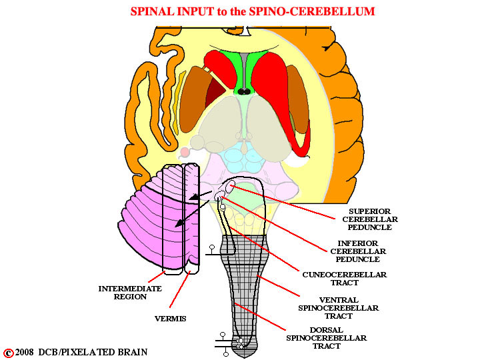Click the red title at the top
coord(253,11)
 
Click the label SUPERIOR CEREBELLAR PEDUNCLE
coord(370,219)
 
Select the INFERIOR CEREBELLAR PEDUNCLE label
coord(358,251)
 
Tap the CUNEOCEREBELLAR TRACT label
coord(345,279)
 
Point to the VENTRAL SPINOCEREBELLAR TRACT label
coord(338,307)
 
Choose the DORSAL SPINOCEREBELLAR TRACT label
coord(326,338)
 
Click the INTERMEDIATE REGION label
coord(130,293)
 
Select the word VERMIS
coord(170,319)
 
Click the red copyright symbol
coord(9,353)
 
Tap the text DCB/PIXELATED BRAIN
coord(93,352)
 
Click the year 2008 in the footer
coord(25,352)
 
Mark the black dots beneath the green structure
coord(244,91)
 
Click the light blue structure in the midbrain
coord(243,157)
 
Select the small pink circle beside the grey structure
coord(185,151)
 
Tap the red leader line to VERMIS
coord(180,289)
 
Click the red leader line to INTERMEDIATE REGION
coord(157,277)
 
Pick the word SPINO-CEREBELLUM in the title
coord(312,11)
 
